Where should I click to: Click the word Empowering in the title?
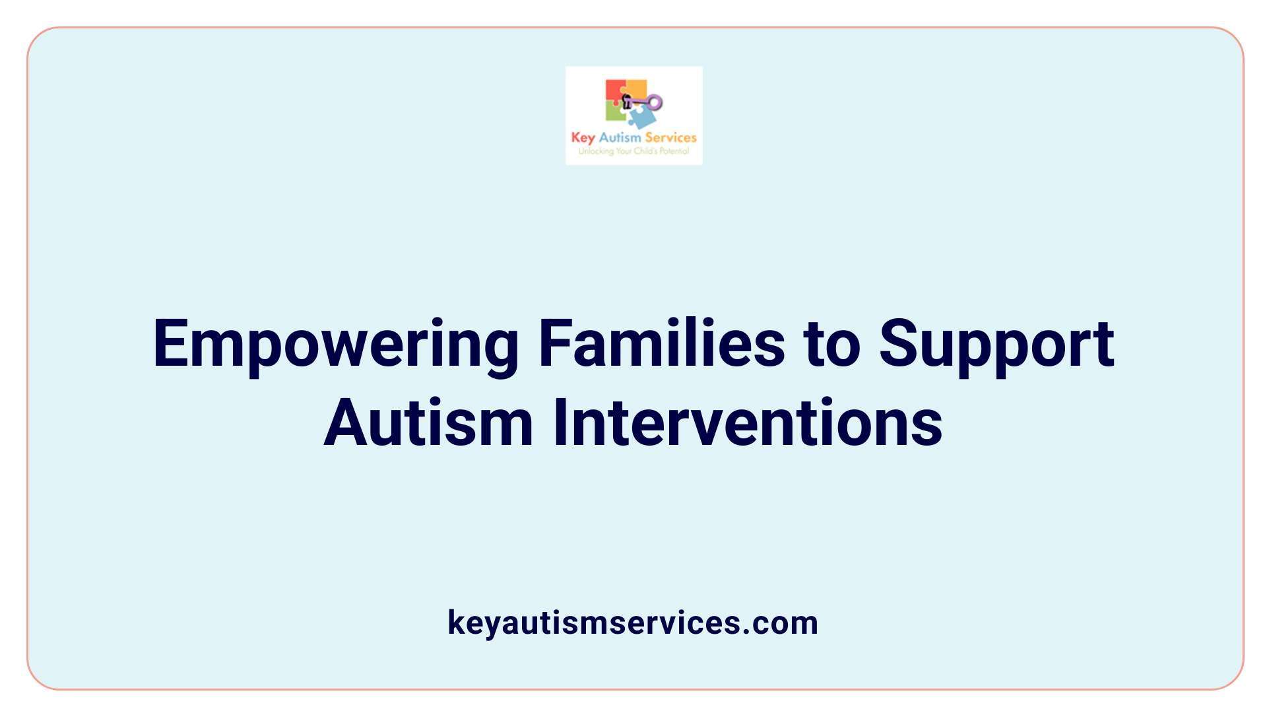click(336, 345)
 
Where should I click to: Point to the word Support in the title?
click(996, 345)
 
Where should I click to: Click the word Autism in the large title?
click(428, 423)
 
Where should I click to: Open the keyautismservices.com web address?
click(633, 623)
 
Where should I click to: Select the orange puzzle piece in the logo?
click(636, 88)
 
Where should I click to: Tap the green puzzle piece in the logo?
click(615, 112)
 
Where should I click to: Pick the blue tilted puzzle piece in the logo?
click(641, 118)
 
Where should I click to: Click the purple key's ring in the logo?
click(655, 102)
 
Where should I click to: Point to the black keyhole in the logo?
click(627, 101)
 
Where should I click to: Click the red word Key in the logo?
click(583, 138)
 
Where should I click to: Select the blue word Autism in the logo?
click(620, 137)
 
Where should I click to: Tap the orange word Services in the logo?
click(670, 137)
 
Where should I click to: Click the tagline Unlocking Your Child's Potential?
click(633, 151)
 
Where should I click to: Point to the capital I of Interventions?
click(560, 423)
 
